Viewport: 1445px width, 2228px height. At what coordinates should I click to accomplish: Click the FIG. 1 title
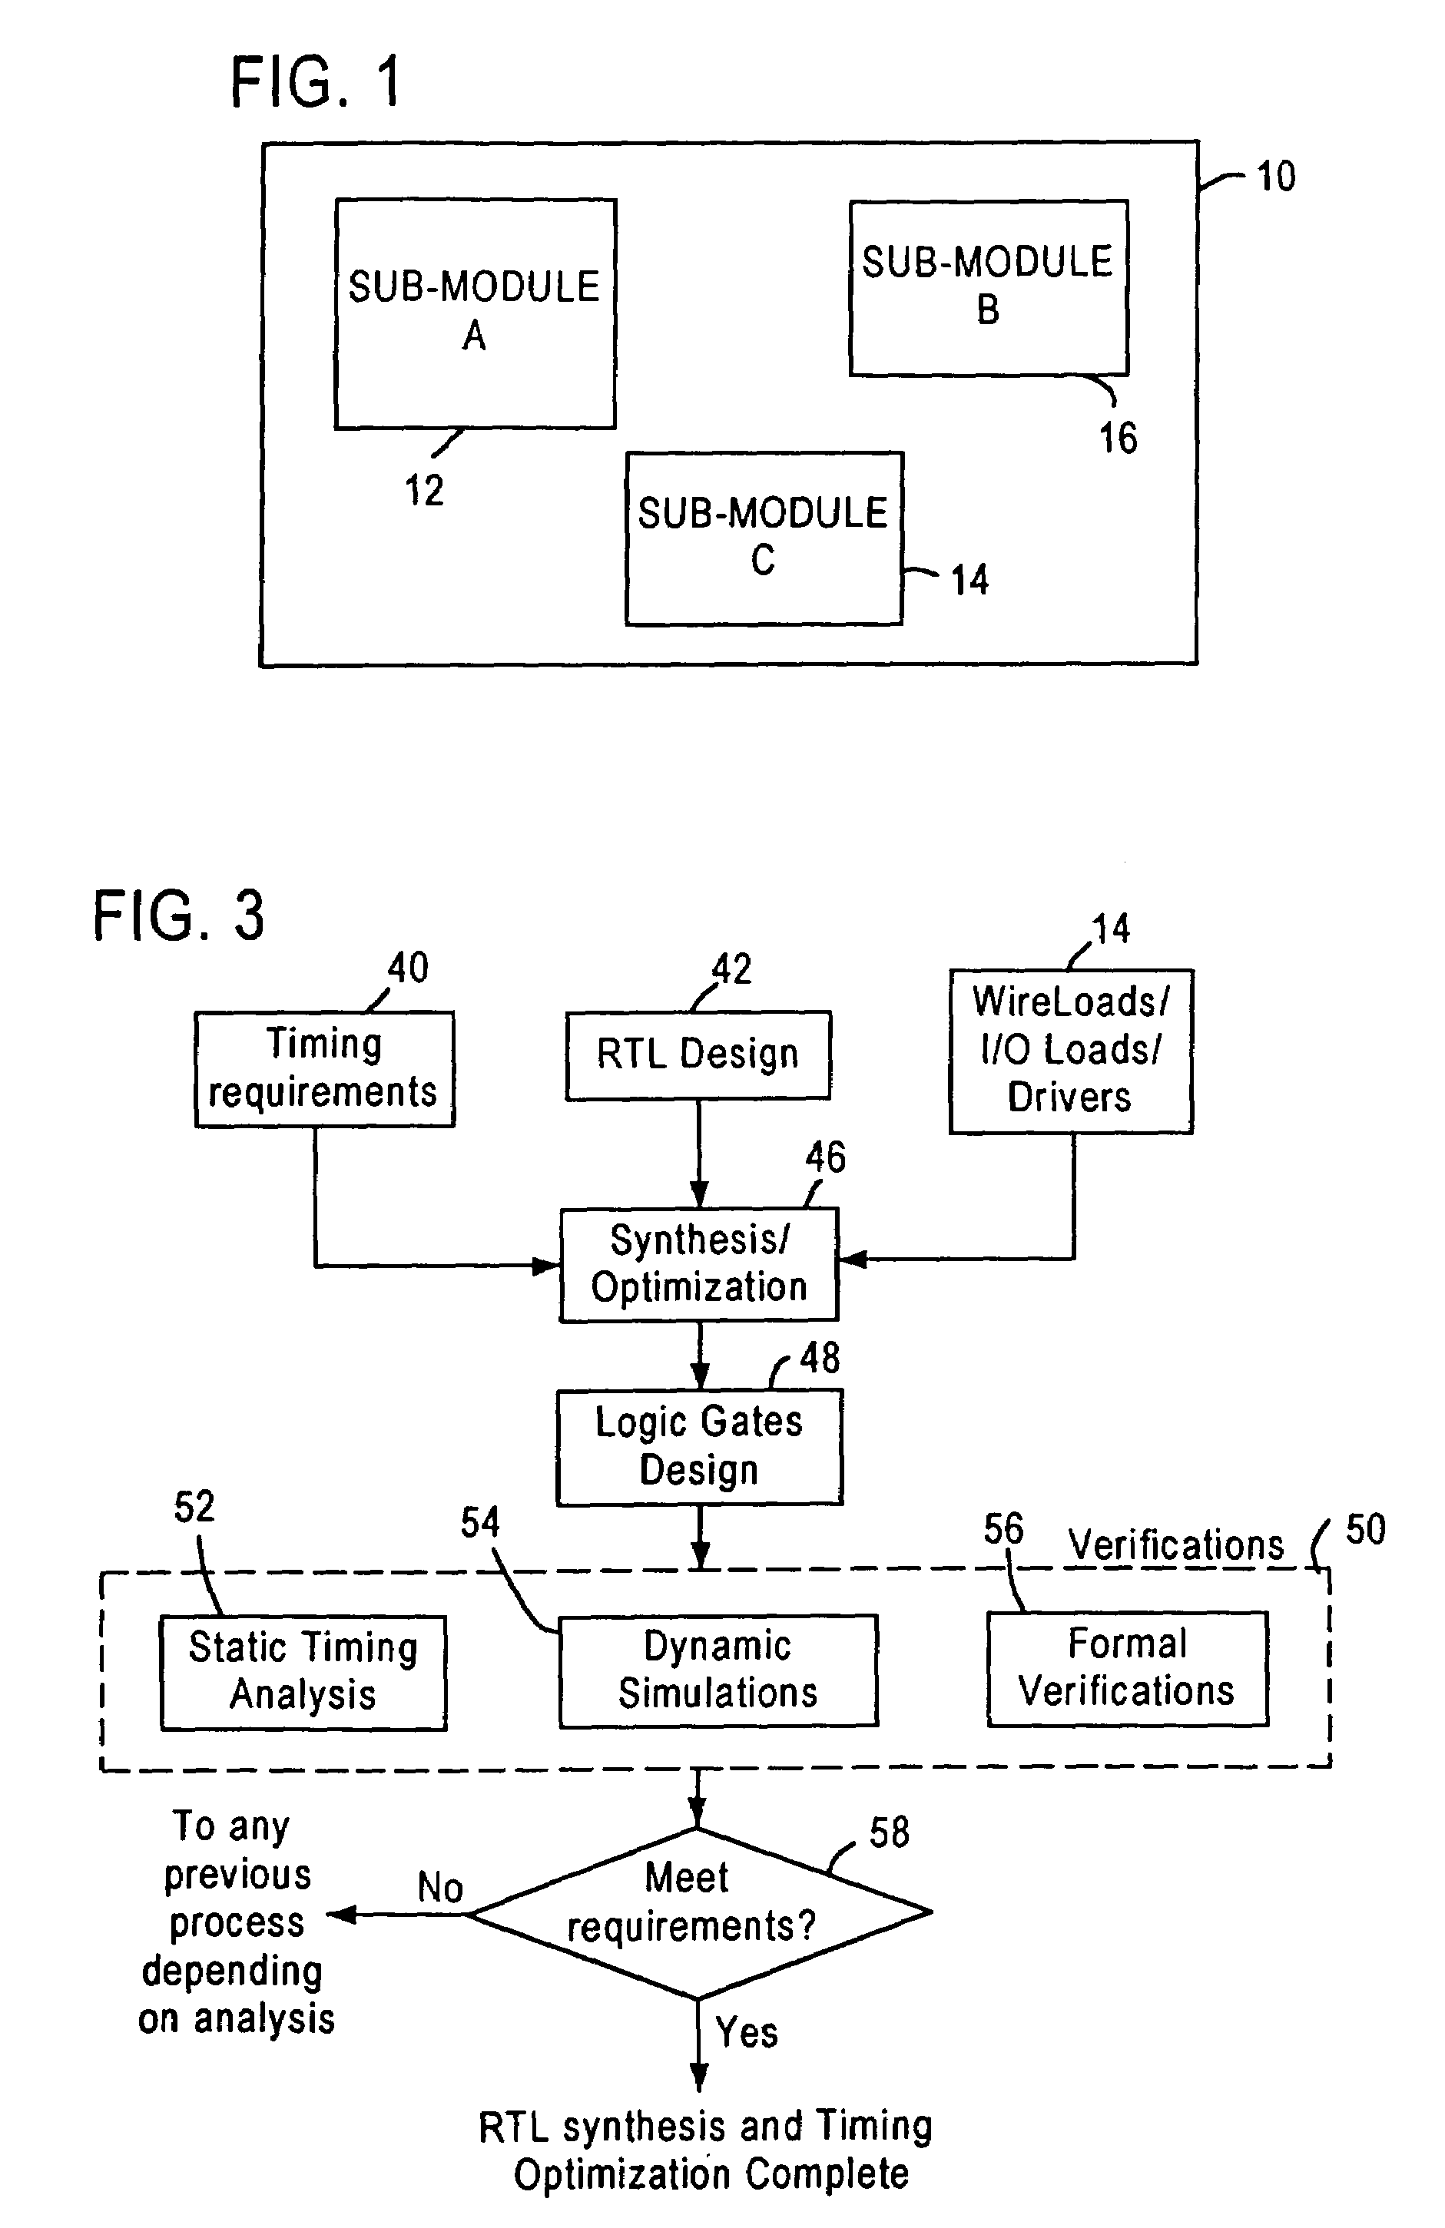coord(317,81)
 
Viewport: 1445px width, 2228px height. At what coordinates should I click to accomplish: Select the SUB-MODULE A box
coord(475,313)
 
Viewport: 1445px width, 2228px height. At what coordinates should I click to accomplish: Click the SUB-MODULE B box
coord(988,287)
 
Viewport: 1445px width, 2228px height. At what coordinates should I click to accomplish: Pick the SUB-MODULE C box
coord(764,538)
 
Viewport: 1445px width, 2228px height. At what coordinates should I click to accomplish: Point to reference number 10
coord(1275,176)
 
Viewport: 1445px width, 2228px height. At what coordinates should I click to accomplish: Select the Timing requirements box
coord(324,1068)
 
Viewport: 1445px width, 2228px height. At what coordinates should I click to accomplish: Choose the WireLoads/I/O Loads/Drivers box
coord(1070,1051)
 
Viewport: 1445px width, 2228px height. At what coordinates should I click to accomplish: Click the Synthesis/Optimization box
coord(698,1264)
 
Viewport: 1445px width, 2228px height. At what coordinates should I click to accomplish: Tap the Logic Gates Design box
coord(700,1446)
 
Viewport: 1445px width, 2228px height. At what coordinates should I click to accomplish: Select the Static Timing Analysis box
coord(303,1672)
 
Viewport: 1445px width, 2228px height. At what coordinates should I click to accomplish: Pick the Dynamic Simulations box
coord(718,1670)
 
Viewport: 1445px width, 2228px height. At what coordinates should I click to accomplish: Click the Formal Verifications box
coord(1128,1668)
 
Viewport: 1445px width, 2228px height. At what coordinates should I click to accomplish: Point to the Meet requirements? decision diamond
coord(698,1913)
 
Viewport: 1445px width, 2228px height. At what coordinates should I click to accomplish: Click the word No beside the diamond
coord(440,1887)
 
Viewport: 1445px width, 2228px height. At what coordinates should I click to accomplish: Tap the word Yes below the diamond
coord(747,2032)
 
